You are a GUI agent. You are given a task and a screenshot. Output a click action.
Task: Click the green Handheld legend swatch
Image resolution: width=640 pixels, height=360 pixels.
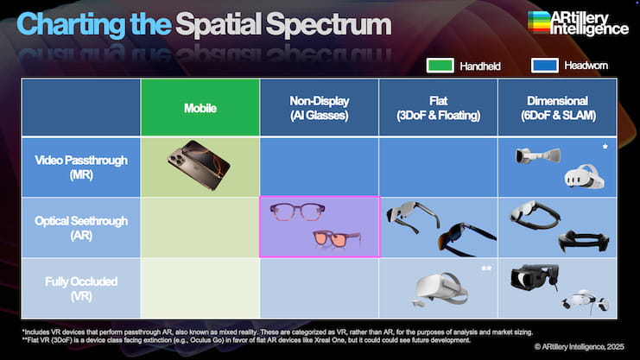pyautogui.click(x=440, y=66)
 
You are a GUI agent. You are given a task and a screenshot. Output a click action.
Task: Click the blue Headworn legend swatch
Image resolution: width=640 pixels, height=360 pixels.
pyautogui.click(x=545, y=66)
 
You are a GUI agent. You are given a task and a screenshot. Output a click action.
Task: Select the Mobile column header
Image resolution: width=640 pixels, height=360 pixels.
pyautogui.click(x=200, y=108)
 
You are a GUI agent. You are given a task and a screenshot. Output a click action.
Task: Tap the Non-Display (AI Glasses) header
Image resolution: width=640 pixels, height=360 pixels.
pyautogui.click(x=320, y=108)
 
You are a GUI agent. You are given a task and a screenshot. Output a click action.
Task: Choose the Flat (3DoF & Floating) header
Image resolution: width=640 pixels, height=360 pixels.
pyautogui.click(x=439, y=108)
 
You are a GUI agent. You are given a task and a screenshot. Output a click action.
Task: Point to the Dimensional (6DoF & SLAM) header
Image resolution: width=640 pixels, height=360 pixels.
pyautogui.click(x=558, y=108)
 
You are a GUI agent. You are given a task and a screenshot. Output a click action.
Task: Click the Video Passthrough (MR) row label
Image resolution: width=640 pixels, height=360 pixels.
pyautogui.click(x=81, y=167)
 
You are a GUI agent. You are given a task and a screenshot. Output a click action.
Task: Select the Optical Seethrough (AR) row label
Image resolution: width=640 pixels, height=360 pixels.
pyautogui.click(x=81, y=228)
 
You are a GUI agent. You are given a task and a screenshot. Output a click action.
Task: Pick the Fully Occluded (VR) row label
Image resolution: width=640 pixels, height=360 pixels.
pyautogui.click(x=81, y=288)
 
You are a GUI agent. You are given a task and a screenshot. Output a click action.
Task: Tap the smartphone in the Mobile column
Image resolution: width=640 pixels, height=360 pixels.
pyautogui.click(x=199, y=165)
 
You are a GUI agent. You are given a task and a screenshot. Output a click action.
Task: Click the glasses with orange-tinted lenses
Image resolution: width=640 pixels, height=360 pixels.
pyautogui.click(x=337, y=239)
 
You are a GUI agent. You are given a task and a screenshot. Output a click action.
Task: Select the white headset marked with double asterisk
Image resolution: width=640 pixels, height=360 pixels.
pyautogui.click(x=440, y=288)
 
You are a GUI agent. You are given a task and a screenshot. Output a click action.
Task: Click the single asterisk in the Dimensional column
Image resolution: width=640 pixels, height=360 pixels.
pyautogui.click(x=605, y=147)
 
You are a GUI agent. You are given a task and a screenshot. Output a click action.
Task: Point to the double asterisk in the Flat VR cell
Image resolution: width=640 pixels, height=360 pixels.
pyautogui.click(x=486, y=268)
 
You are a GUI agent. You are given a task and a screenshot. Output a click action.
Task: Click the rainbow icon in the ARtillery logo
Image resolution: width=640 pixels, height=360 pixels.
pyautogui.click(x=538, y=22)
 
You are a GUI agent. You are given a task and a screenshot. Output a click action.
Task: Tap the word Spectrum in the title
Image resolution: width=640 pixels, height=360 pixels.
pyautogui.click(x=328, y=25)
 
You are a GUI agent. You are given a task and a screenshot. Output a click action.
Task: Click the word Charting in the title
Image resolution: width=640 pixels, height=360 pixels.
pyautogui.click(x=71, y=25)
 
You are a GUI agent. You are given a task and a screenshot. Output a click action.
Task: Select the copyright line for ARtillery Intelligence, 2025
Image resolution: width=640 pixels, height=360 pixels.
pyautogui.click(x=580, y=346)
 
